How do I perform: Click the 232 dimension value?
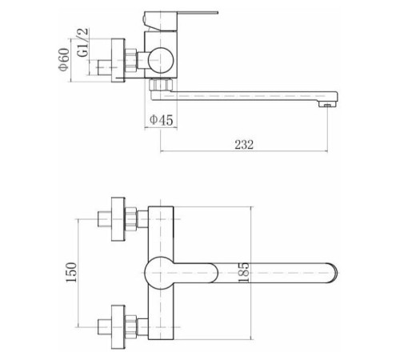point(244,145)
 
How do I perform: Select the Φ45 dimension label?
point(162,120)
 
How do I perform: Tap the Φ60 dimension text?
point(64,59)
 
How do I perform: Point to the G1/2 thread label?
point(83,42)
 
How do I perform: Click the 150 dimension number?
point(71,272)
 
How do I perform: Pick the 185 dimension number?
point(244,272)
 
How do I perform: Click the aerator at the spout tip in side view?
point(328,105)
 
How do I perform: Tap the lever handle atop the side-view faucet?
point(181,21)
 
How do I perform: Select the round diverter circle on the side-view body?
point(161,60)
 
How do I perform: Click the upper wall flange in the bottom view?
point(118,219)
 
